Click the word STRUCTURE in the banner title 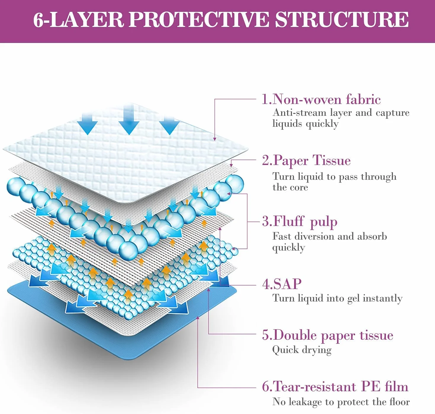[x=342, y=20]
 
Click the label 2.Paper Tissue [x=306, y=161]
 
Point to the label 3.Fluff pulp [x=299, y=222]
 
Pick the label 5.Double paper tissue [x=328, y=335]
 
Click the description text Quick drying [x=302, y=350]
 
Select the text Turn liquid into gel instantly [x=337, y=299]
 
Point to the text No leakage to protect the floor [x=341, y=402]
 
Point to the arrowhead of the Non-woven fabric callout [x=215, y=139]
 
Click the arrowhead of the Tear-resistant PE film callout [x=198, y=318]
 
